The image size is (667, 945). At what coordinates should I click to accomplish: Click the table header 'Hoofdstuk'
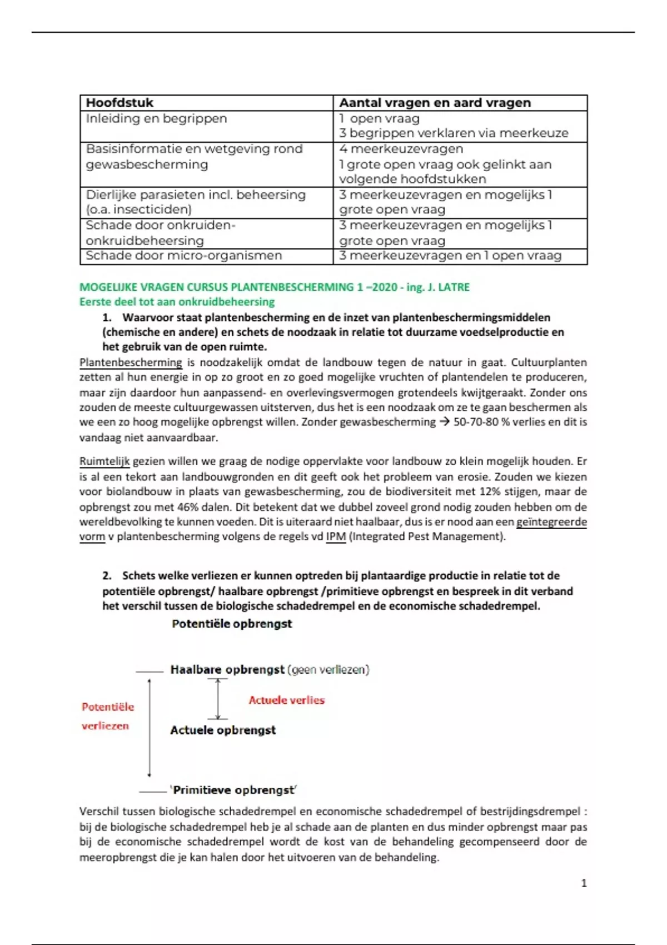tap(120, 103)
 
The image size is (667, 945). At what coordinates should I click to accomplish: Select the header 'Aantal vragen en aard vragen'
tap(435, 103)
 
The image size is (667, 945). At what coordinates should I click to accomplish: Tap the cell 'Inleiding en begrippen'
tap(156, 118)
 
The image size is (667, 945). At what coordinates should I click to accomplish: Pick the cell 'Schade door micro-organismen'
tap(183, 256)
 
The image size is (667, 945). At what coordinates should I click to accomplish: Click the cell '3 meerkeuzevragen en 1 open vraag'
tap(450, 256)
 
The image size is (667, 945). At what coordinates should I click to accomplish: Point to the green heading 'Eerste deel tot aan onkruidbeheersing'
tap(177, 302)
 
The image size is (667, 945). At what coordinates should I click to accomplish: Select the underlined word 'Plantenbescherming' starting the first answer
tap(131, 362)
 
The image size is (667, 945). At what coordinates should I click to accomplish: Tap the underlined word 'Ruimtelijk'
tap(104, 461)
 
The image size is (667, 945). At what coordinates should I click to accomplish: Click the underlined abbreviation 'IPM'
tap(336, 537)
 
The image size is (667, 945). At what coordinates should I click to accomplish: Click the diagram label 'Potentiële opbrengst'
tap(232, 624)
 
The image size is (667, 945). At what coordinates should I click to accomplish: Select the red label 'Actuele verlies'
tap(286, 700)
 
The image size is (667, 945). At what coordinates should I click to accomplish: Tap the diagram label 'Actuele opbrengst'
tap(223, 730)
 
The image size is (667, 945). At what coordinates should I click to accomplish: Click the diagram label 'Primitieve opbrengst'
tap(234, 790)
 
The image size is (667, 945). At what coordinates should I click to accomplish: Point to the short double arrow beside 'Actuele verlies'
tap(218, 699)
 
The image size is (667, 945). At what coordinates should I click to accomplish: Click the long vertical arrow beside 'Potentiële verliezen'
tap(149, 728)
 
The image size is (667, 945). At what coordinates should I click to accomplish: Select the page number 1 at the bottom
tap(584, 883)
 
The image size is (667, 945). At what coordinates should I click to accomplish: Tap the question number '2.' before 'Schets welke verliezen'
tap(107, 576)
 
